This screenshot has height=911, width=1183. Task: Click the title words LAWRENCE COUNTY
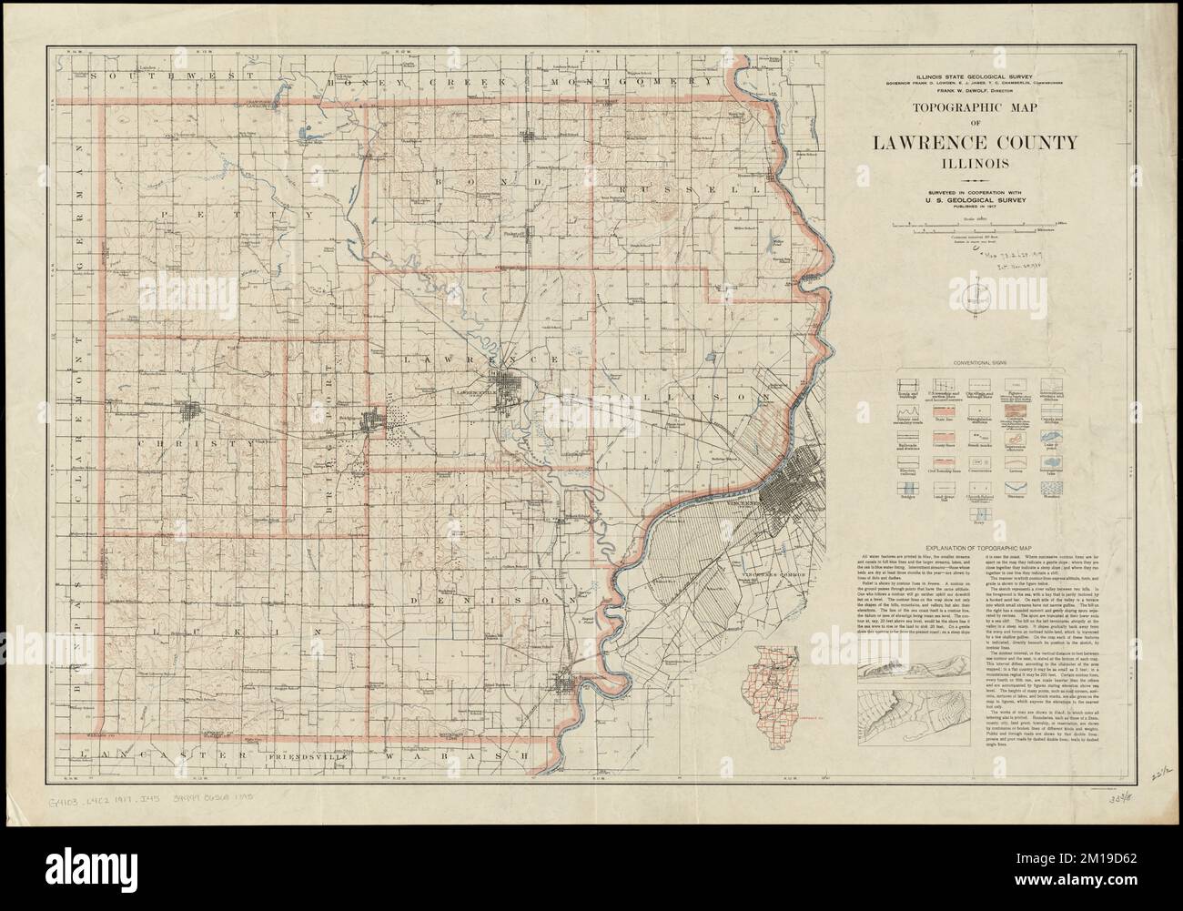(x=974, y=143)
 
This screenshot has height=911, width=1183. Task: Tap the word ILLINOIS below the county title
(x=974, y=164)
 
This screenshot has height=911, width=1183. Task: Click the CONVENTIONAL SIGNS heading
(x=975, y=363)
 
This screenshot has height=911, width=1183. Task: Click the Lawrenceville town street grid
(x=506, y=383)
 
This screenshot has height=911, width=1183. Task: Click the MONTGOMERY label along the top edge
(x=637, y=82)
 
